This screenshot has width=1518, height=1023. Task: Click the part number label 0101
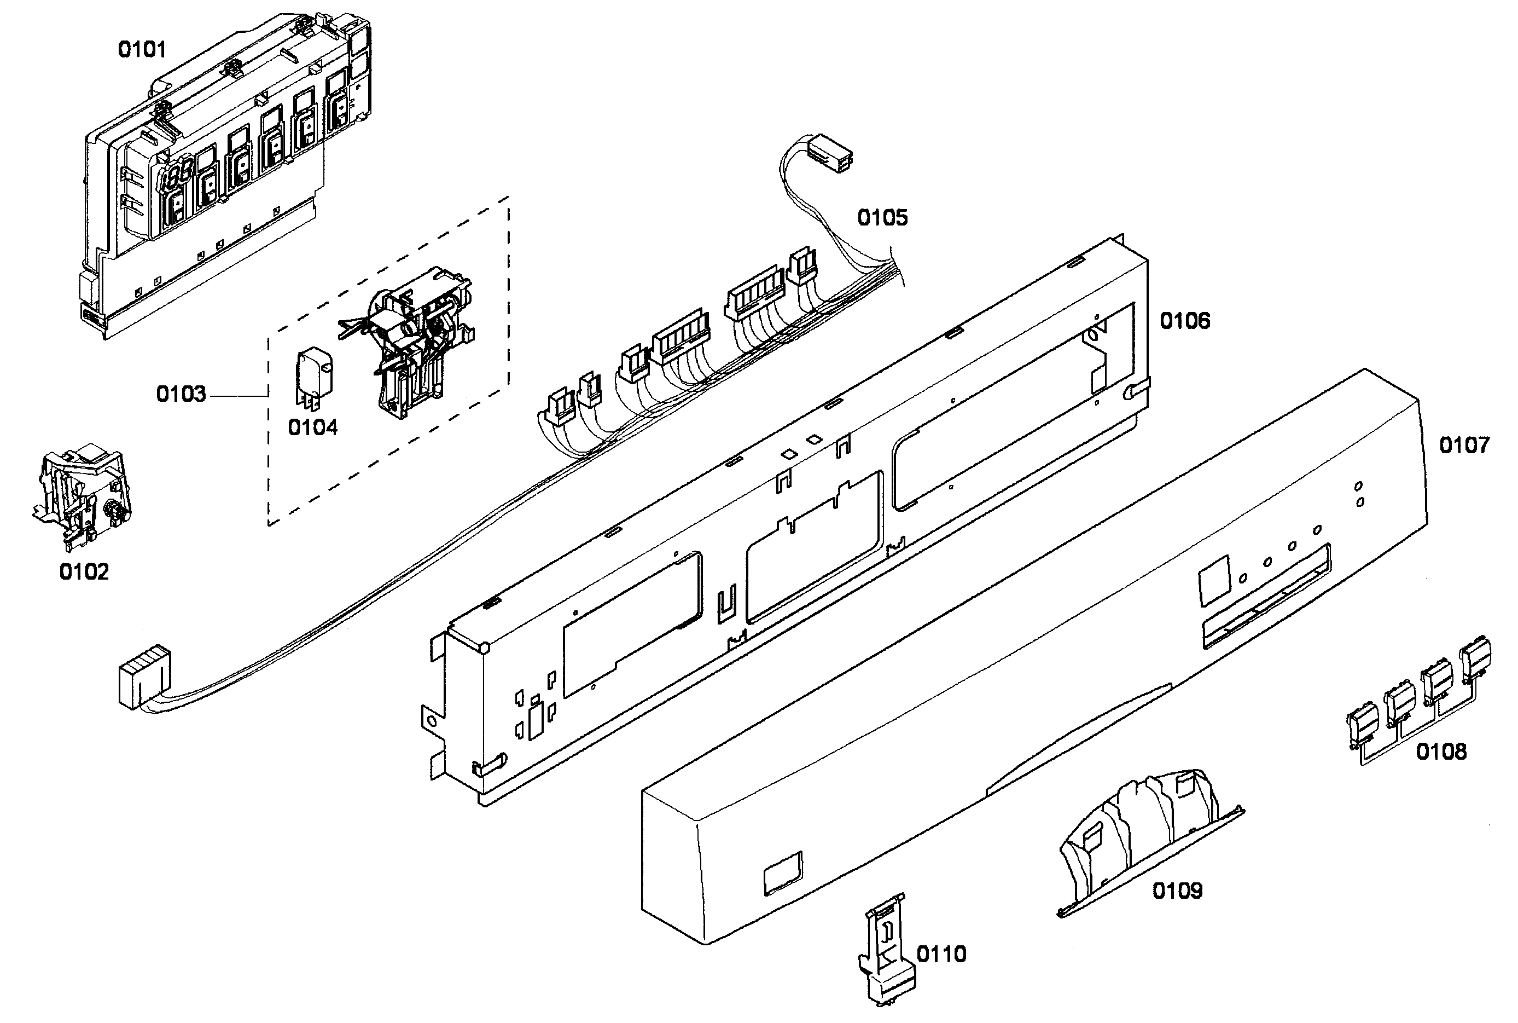[142, 50]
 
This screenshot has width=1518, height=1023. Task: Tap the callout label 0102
[84, 571]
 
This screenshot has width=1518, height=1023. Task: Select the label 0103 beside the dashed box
[181, 394]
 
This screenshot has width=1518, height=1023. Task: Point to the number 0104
[312, 428]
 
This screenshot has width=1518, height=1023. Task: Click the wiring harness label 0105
[882, 218]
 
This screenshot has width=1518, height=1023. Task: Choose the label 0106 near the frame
[1185, 321]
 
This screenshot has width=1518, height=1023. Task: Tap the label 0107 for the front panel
[1464, 446]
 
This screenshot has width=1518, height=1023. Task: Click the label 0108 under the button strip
[1441, 752]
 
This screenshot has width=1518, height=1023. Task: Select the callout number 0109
[1177, 891]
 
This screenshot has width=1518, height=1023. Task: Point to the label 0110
[941, 955]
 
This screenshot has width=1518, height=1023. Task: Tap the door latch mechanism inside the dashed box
[417, 339]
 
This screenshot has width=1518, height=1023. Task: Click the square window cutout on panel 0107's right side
[1213, 581]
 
